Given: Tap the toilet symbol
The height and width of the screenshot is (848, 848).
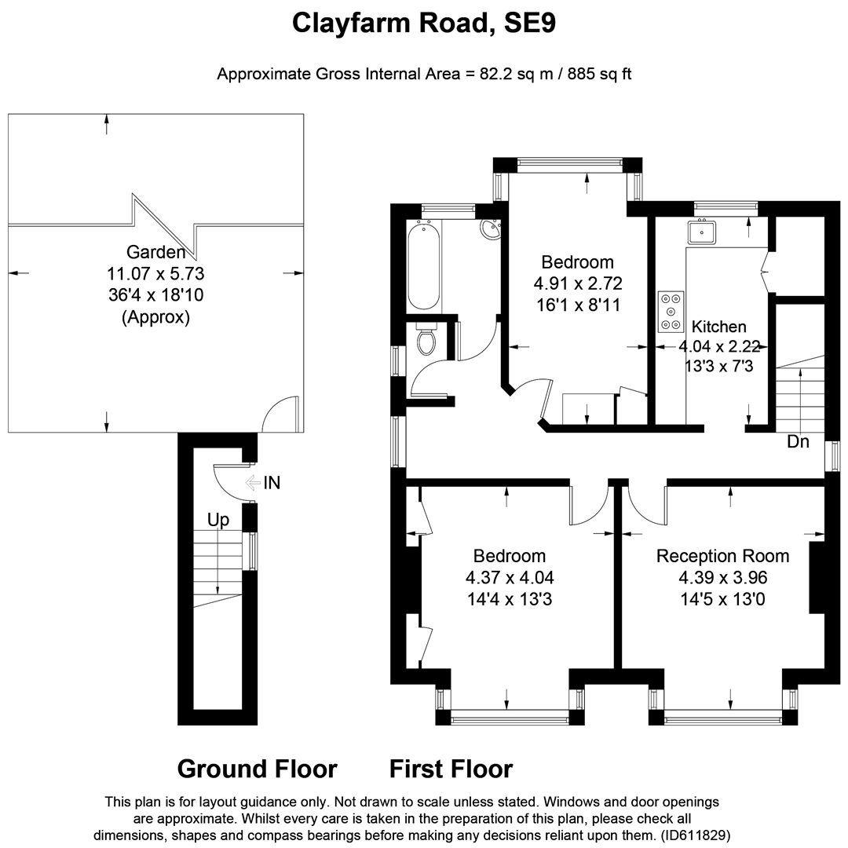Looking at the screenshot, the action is coord(426,338).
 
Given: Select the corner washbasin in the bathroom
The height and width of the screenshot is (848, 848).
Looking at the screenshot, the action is coord(491,229).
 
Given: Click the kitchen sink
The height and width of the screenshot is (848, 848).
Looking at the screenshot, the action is coord(701,232).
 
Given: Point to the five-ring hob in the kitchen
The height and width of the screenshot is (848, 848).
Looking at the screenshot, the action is coord(671,311).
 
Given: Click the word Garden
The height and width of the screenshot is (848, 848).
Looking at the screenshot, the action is coord(155,251).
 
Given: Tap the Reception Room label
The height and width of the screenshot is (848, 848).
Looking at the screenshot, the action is coord(722,556).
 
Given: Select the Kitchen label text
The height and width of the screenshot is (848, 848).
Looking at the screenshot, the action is coord(718,327).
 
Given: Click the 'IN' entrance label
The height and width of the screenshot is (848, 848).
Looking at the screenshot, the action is coord(272,482).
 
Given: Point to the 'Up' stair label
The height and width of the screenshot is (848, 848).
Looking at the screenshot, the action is coord(218,520).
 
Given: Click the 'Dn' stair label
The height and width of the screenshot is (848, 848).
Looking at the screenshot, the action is coord(798,442).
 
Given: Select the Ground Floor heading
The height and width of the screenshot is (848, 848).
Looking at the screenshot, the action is coord(257,769).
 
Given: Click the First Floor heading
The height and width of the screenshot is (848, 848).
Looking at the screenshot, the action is coord(451,769).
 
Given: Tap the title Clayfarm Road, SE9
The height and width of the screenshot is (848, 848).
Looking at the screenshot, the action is coord(424,24).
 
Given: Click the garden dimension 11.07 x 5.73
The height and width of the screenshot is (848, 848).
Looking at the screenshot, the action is coord(155,274).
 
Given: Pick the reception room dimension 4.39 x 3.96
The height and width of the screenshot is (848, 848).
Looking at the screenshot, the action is coord(723,578).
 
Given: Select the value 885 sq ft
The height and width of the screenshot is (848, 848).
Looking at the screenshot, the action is coord(599,74).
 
